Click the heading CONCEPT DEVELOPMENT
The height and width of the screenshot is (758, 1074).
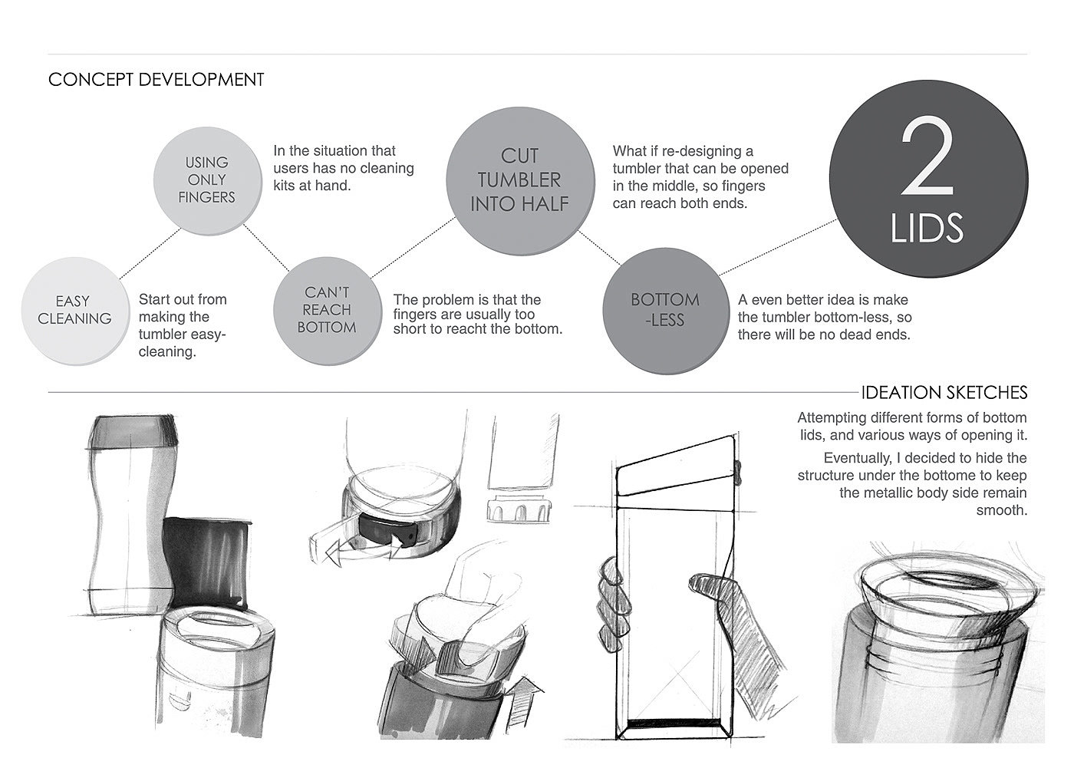pos(156,80)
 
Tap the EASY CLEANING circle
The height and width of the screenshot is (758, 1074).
pos(75,311)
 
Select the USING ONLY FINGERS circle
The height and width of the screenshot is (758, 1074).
pos(208,181)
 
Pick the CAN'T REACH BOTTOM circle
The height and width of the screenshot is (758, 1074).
pos(328,311)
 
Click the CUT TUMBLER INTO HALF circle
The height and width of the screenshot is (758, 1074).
pos(520,181)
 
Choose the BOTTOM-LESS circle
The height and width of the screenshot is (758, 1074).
pos(666,311)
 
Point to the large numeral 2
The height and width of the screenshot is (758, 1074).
pos(927,156)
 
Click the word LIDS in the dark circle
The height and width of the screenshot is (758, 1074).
pos(927,228)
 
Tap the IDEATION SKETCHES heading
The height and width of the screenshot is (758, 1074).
pos(944,393)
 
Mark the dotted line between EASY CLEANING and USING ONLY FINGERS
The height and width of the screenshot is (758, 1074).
pos(150,253)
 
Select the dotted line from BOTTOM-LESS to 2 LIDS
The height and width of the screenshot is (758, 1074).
pos(779,247)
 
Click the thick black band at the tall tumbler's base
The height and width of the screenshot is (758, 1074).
pos(674,722)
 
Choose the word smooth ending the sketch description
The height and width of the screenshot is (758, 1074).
pos(1002,510)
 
